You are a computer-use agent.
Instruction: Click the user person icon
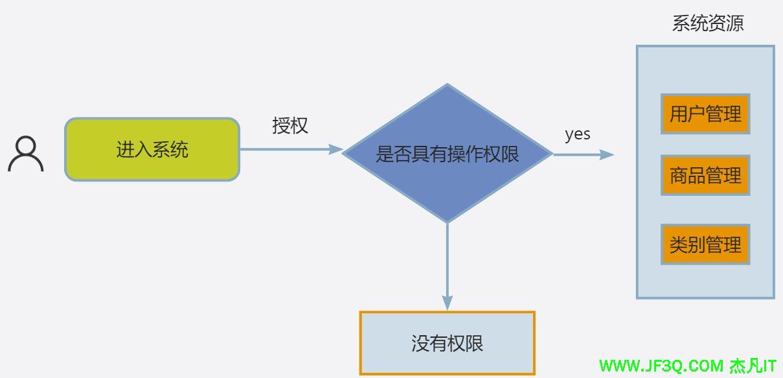click(26, 154)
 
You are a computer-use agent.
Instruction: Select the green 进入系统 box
click(152, 149)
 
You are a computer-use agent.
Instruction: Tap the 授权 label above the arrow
click(290, 125)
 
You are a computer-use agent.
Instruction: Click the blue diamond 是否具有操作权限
click(447, 154)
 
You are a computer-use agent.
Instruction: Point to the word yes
click(577, 134)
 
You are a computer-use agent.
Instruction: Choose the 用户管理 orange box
click(705, 114)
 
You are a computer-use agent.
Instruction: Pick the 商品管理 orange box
click(705, 175)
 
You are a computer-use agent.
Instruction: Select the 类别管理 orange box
click(705, 244)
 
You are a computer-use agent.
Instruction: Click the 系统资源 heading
click(707, 24)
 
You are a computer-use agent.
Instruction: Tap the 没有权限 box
click(447, 343)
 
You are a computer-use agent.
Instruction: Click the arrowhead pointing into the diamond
click(335, 149)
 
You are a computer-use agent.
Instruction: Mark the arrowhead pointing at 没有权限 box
click(447, 302)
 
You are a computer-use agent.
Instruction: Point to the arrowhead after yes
click(607, 154)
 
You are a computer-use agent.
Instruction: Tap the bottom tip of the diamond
click(447, 222)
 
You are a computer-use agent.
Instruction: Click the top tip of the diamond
click(447, 85)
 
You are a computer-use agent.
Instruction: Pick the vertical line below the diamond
click(447, 259)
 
